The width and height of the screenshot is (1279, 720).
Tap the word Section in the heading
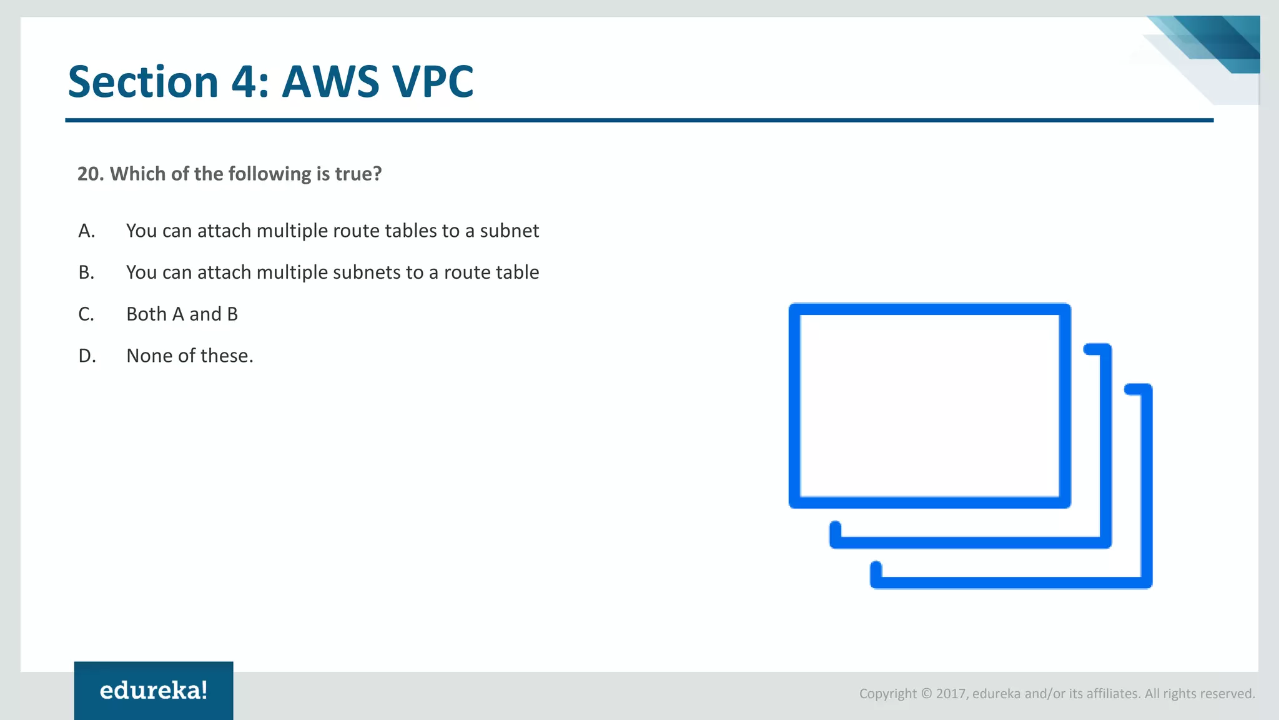pos(142,82)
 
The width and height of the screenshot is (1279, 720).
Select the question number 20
pos(90,174)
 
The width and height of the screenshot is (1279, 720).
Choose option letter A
pos(86,231)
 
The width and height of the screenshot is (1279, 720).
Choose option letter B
pos(86,272)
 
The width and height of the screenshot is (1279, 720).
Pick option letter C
pos(86,314)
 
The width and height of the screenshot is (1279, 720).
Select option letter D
pos(87,356)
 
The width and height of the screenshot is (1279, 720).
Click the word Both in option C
pos(146,314)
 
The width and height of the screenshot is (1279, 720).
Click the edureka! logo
pos(154,691)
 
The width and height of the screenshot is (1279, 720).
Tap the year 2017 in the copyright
pos(951,694)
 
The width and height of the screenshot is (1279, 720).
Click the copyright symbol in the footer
pos(926,694)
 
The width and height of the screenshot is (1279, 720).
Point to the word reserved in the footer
pos(1227,694)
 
